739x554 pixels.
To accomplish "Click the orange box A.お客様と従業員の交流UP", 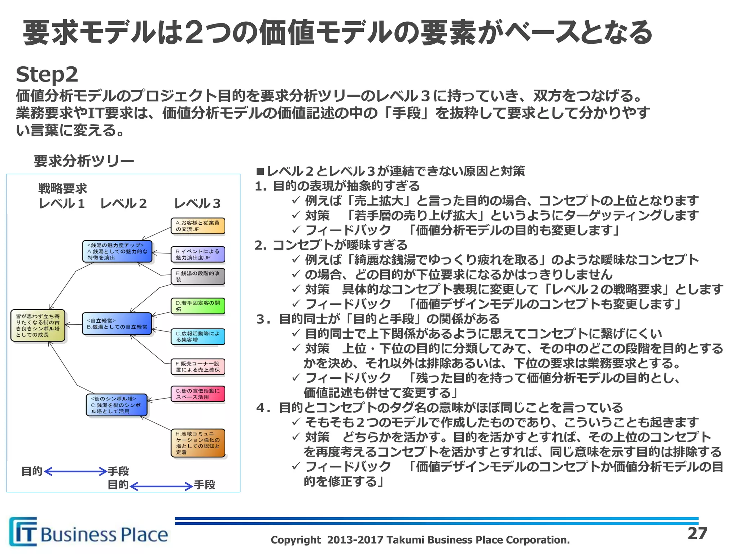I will [198, 226].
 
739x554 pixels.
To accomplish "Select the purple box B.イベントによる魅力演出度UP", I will [198, 255].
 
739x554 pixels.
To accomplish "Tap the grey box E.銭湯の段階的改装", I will [198, 277].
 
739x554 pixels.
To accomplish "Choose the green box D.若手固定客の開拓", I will [198, 306].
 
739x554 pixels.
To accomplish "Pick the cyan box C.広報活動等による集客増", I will [198, 337].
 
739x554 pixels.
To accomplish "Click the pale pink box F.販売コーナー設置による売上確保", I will [198, 367].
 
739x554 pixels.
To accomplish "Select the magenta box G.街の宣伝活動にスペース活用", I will [198, 394].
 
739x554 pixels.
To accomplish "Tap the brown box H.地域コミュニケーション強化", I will [198, 443].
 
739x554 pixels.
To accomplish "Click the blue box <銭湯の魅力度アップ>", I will [117, 251].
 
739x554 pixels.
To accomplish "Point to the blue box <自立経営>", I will [117, 324].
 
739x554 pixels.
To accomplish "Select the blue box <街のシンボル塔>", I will [117, 405].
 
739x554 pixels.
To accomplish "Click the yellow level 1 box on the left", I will [38, 325].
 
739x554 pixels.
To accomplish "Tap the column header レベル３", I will [197, 204].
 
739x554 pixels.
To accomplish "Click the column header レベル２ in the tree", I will [123, 204].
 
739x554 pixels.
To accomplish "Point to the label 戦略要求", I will [63, 188].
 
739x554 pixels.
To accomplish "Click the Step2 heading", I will [47, 74].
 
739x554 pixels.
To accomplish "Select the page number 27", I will [697, 533].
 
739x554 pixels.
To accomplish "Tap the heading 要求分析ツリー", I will [84, 161].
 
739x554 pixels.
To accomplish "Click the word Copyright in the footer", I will [296, 540].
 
